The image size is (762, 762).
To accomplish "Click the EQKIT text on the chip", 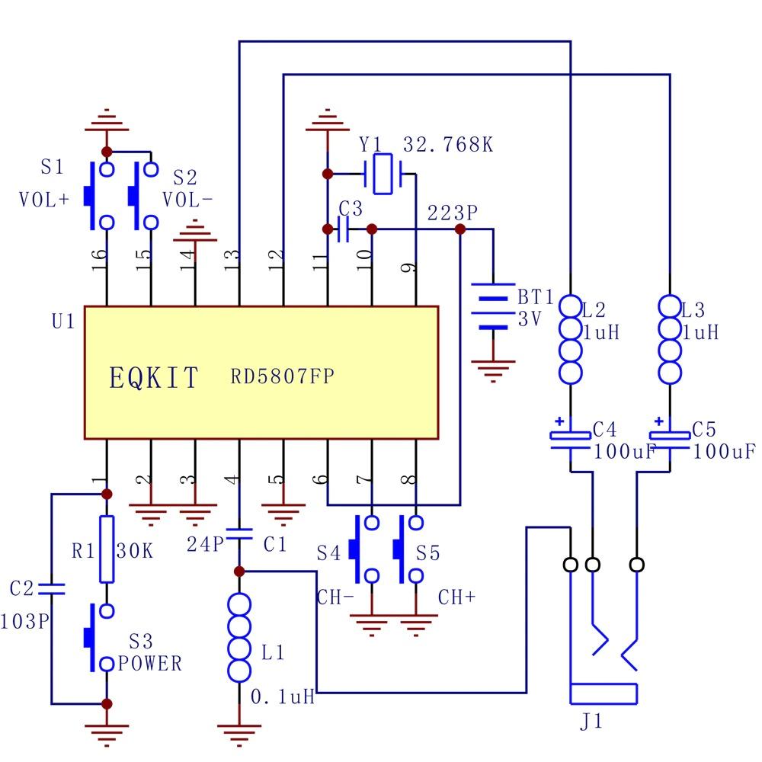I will pos(155,378).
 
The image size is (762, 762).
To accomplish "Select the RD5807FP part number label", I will pos(283,376).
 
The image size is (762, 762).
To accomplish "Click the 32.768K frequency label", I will pos(447,145).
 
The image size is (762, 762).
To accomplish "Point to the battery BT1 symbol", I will pos(494,307).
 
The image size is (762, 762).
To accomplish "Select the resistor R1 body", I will pos(107,549).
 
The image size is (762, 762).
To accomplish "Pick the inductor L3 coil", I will pos(670,339).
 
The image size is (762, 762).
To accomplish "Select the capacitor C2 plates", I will pos(52,589).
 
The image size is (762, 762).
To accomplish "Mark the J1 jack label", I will pos(591,721).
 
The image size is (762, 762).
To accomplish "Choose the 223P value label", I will pos(452,213).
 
